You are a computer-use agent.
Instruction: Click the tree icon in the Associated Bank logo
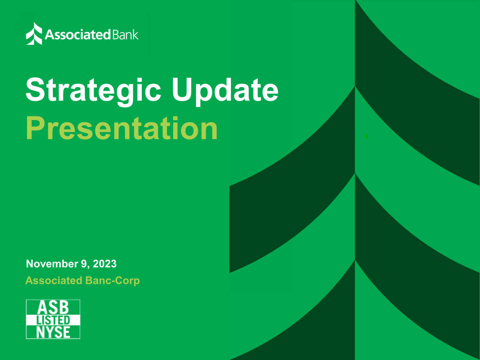(x=34, y=34)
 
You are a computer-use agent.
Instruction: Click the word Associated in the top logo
(x=78, y=35)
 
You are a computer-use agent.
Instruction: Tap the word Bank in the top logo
(x=125, y=34)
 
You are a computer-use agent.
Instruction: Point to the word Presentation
(x=121, y=128)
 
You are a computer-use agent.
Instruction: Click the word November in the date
(x=52, y=264)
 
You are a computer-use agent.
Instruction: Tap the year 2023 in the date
(x=104, y=264)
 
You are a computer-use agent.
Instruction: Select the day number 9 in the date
(x=84, y=264)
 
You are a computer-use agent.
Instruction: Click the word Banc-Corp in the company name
(x=112, y=281)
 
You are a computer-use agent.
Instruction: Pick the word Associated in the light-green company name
(x=54, y=281)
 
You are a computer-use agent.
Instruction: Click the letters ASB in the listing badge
(x=53, y=307)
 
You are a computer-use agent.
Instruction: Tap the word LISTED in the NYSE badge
(x=53, y=320)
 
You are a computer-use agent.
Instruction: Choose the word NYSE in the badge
(x=53, y=332)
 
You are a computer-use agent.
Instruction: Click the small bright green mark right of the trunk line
(x=367, y=136)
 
